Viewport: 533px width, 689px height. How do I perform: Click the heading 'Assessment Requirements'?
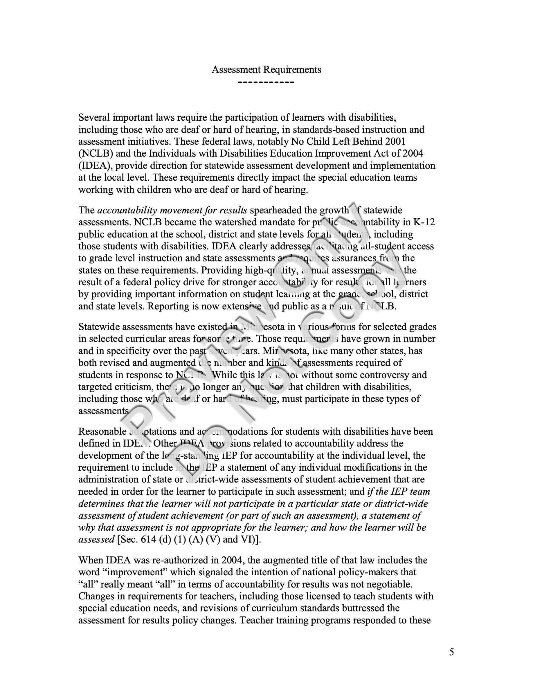(266, 69)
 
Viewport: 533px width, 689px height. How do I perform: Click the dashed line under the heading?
(266, 83)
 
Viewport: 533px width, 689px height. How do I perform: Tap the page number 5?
(451, 652)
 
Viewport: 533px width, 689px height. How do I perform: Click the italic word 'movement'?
(181, 210)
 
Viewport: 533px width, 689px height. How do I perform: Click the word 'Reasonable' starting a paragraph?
(102, 431)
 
